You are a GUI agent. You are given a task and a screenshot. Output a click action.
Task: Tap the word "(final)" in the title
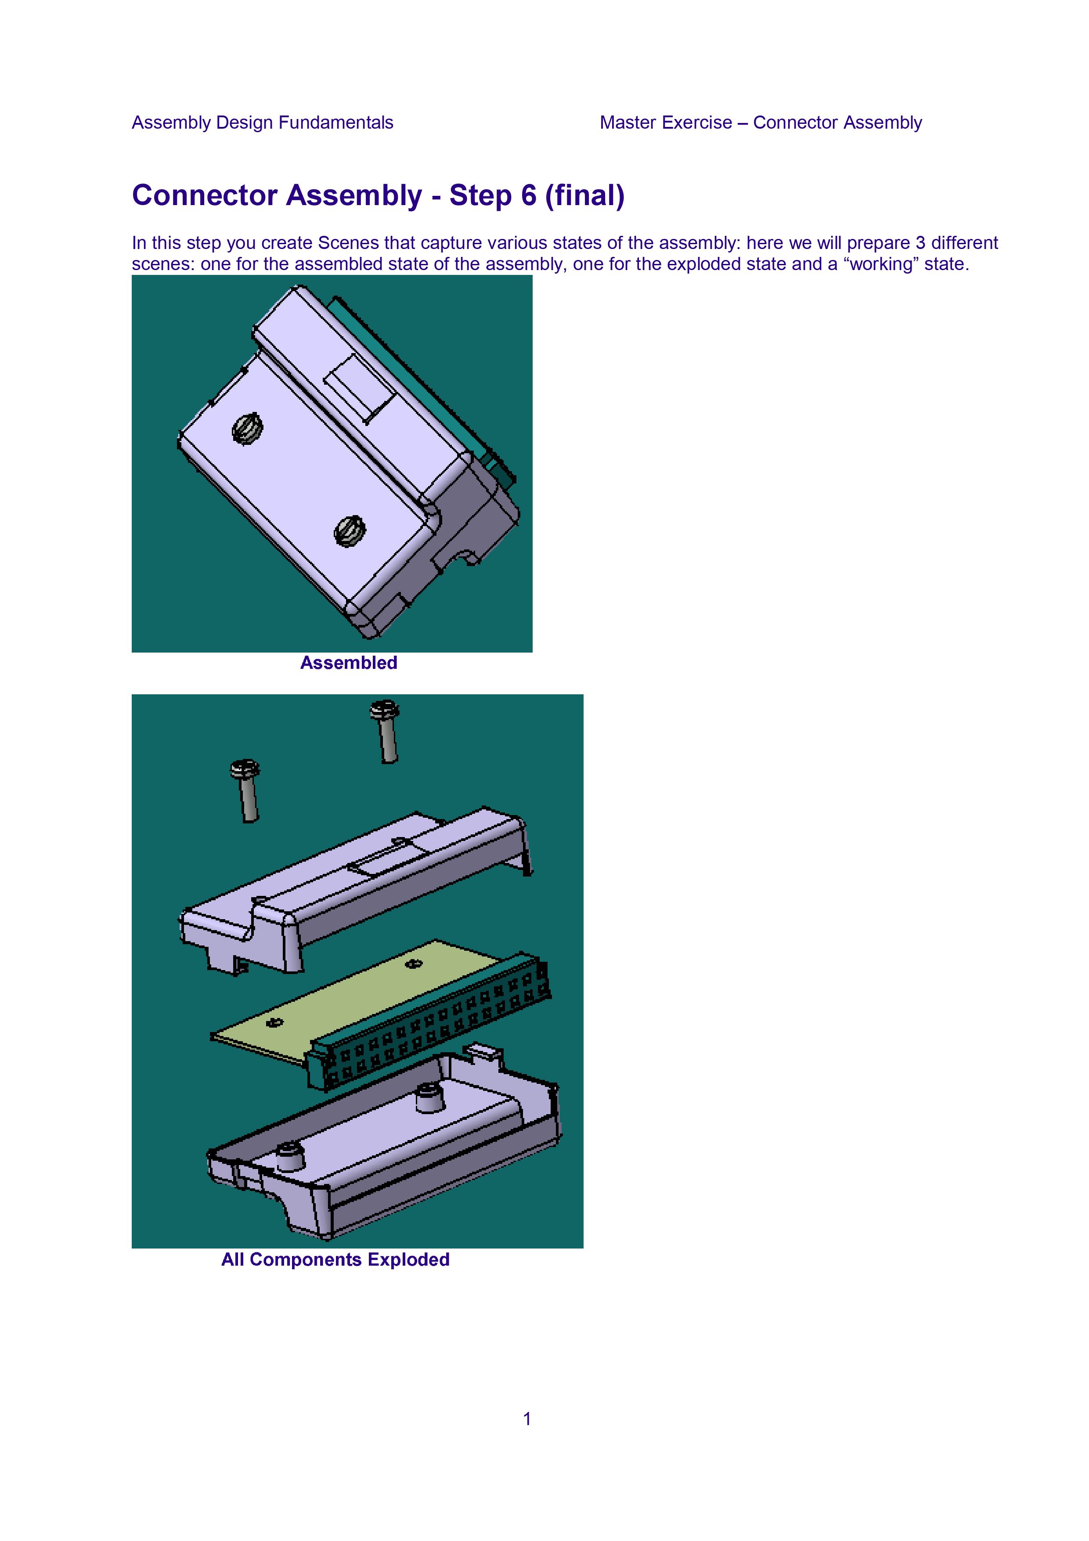click(585, 195)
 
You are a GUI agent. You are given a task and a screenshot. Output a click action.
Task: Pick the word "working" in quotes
click(883, 264)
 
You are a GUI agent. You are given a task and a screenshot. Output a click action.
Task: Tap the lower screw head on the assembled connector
click(350, 530)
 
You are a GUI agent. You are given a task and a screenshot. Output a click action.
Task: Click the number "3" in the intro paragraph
click(920, 242)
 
